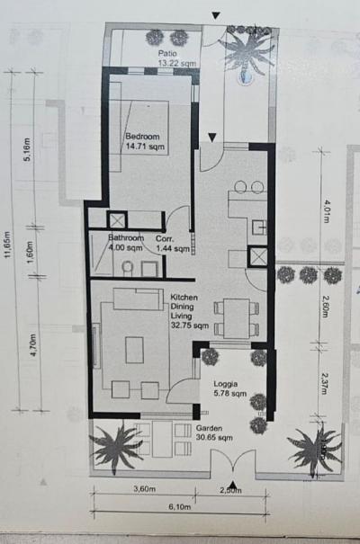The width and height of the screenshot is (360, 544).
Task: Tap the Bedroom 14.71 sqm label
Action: point(144,141)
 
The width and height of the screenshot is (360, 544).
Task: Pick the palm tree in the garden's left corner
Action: point(115,444)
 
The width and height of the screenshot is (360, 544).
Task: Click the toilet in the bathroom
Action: point(128,267)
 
